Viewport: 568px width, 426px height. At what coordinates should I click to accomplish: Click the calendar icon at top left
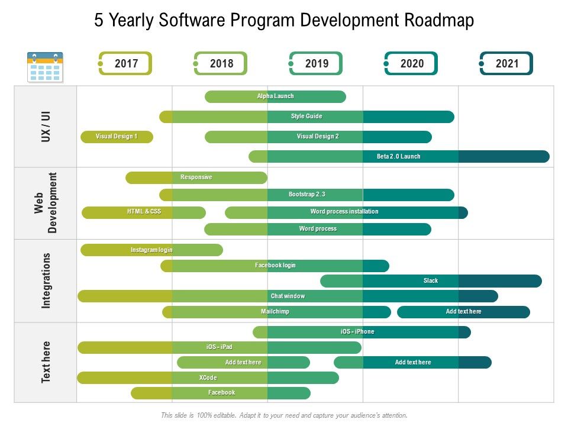[45, 67]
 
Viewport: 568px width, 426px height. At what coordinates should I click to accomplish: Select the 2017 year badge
[125, 63]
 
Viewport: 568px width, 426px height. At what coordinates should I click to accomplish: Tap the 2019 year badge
[316, 63]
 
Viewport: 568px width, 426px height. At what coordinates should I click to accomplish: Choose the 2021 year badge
[506, 63]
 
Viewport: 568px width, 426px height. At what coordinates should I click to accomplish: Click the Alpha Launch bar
[275, 96]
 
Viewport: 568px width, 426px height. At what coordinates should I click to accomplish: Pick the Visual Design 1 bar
[117, 137]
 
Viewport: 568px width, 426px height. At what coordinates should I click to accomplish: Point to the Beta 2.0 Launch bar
[399, 156]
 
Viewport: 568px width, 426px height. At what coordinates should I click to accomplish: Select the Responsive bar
[196, 177]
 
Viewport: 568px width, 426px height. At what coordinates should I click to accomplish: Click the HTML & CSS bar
[144, 212]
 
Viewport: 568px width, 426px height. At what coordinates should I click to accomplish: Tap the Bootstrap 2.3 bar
[306, 195]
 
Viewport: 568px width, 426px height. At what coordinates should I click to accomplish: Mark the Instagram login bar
[151, 250]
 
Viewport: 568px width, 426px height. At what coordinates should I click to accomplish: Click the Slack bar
[431, 281]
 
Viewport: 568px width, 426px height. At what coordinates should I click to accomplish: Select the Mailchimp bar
[276, 312]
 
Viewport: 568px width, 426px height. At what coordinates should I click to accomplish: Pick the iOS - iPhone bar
[361, 332]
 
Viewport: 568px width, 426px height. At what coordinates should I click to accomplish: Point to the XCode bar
[208, 377]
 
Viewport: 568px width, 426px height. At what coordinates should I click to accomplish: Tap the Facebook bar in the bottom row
[221, 393]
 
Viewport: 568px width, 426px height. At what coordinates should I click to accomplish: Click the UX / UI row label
[46, 125]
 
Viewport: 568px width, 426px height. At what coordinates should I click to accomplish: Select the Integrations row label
[46, 280]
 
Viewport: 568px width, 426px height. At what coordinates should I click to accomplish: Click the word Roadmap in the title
[439, 21]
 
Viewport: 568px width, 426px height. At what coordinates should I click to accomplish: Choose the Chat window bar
[288, 296]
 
